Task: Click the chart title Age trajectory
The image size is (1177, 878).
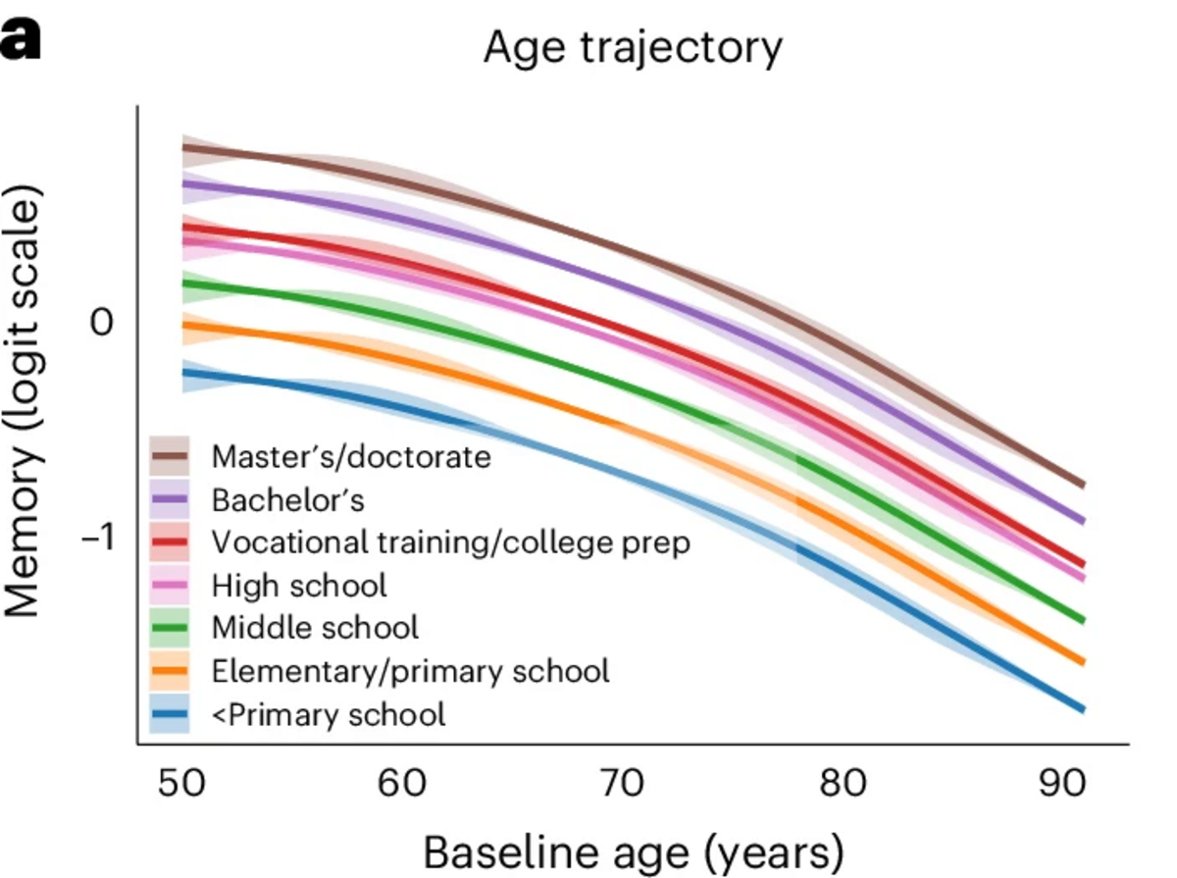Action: click(x=633, y=47)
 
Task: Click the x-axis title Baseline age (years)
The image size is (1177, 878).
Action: click(x=633, y=851)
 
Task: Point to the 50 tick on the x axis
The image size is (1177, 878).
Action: click(x=182, y=783)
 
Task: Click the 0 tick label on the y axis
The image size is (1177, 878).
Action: click(x=102, y=323)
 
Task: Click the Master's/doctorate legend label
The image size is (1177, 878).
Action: click(x=351, y=457)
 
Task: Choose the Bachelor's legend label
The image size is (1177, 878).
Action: click(x=288, y=500)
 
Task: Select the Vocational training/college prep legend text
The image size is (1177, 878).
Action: click(x=451, y=542)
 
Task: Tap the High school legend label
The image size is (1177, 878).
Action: click(x=299, y=586)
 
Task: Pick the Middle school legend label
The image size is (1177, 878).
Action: click(x=315, y=628)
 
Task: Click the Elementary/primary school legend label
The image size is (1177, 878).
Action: click(x=410, y=671)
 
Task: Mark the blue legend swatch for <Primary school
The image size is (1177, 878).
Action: click(x=170, y=714)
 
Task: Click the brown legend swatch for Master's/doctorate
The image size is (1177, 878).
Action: click(x=170, y=457)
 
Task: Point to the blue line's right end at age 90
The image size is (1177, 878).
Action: click(x=1081, y=708)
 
